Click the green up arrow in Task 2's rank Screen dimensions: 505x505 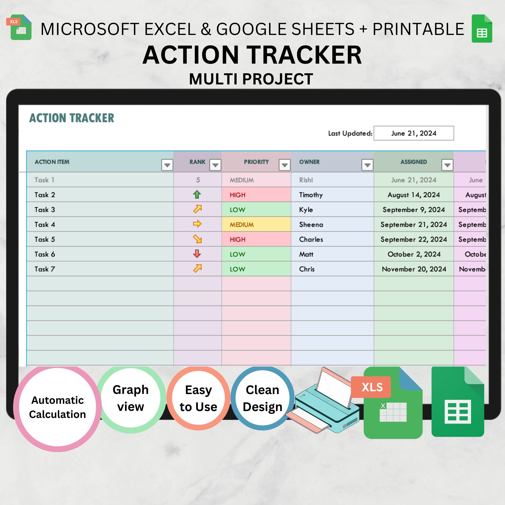(x=197, y=195)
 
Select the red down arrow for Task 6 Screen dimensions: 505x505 (x=197, y=254)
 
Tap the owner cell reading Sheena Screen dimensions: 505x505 (x=311, y=225)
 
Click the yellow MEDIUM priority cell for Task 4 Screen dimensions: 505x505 (x=256, y=225)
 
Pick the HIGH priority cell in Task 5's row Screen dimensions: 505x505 (x=256, y=239)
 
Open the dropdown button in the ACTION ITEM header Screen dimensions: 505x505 (x=167, y=165)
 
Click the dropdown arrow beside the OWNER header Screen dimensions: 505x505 (x=367, y=165)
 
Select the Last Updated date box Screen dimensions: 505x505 (x=413, y=133)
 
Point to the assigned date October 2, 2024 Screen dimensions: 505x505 (x=414, y=254)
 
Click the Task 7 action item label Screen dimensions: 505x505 (x=45, y=269)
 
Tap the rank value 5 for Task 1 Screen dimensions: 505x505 (x=198, y=180)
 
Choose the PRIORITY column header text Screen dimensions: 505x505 (x=256, y=162)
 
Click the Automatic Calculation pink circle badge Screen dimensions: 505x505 (x=58, y=407)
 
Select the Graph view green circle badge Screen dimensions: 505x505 (x=131, y=398)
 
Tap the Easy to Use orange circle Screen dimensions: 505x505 (x=198, y=398)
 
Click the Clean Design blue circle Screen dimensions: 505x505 (x=262, y=398)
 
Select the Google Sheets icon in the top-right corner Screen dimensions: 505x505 (x=482, y=29)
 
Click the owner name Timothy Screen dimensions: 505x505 (x=311, y=195)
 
